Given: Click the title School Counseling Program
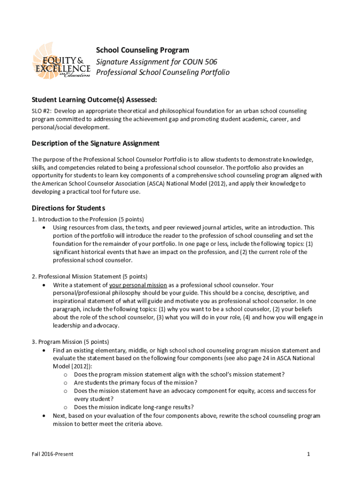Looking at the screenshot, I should coord(143,50).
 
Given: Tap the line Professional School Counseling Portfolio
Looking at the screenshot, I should coord(163,73).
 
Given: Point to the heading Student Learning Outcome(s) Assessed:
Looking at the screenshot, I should coord(94,100).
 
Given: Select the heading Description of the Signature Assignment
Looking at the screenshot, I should coord(95,143).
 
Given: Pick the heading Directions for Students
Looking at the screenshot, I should coord(68,208).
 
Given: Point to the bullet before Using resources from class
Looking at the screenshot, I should coord(43,228).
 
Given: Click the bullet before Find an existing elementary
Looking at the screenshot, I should coord(43,350).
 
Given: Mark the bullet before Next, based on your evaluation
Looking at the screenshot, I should coord(43,416).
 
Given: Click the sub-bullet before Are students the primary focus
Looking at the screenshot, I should coord(65,383).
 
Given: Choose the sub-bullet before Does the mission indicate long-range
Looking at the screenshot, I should coord(65,407).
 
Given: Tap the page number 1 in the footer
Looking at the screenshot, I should coord(309,454).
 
